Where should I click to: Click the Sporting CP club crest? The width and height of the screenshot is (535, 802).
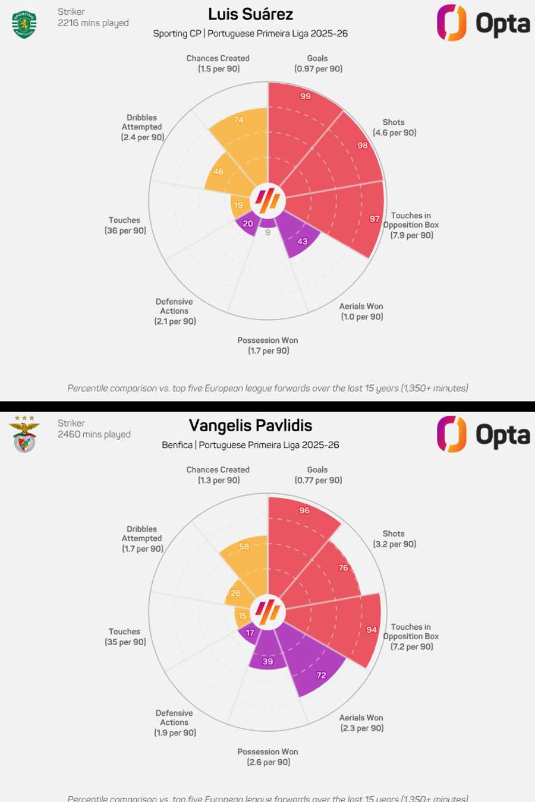tap(24, 24)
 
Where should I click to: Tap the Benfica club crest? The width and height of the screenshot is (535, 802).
tap(24, 434)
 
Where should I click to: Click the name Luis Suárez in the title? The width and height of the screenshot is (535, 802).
tap(250, 14)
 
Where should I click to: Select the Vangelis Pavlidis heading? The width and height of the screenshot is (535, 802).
tap(250, 425)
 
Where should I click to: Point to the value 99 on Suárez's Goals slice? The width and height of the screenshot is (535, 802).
tap(305, 96)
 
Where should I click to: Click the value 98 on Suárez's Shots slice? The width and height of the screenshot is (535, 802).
tap(362, 146)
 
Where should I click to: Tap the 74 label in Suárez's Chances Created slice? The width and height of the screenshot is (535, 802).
tap(238, 120)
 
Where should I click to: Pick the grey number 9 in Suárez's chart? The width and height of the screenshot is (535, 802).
tap(267, 232)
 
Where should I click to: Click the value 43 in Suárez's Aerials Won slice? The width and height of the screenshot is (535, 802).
tap(303, 241)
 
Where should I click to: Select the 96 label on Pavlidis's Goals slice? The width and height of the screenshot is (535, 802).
tap(304, 510)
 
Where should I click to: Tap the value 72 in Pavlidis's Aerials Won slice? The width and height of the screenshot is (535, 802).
tap(321, 675)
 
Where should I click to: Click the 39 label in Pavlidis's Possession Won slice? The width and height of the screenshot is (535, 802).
tap(268, 661)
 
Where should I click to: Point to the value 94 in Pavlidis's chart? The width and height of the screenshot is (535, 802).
tap(372, 630)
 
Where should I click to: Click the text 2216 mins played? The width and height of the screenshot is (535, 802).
tap(93, 23)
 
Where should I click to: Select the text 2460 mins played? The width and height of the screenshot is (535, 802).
tap(94, 434)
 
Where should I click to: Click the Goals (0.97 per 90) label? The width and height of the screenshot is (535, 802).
tap(318, 64)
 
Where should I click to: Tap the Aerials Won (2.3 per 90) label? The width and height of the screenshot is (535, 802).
tap(361, 723)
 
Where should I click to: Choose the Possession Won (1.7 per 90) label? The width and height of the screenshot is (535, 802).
tap(268, 346)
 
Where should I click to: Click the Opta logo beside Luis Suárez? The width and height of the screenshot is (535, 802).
tap(483, 23)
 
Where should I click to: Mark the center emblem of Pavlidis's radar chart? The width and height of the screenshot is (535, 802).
tap(267, 611)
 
